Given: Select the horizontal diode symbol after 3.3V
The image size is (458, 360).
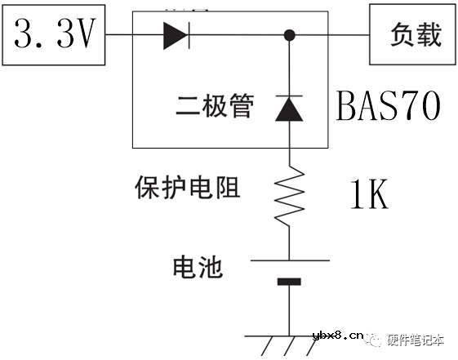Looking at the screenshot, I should point(175,35).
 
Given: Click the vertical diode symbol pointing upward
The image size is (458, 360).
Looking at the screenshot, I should point(290,109).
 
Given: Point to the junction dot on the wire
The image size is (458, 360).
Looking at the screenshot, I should point(290,35).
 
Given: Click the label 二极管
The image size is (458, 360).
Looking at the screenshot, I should point(215,106).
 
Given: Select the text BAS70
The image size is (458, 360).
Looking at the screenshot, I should point(389,105).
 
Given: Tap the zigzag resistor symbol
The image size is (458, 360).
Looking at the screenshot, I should point(290,197).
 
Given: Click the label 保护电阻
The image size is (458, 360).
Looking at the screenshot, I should point(187,188).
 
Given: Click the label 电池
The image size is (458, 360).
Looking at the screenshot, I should point(198,266).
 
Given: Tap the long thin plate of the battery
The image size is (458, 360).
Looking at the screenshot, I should point(290,260).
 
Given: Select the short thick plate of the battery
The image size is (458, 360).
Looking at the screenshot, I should point(289,282).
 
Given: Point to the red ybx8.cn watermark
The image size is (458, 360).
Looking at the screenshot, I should point(336,336).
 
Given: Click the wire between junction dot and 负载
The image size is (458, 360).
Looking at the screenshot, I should point(331,35).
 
